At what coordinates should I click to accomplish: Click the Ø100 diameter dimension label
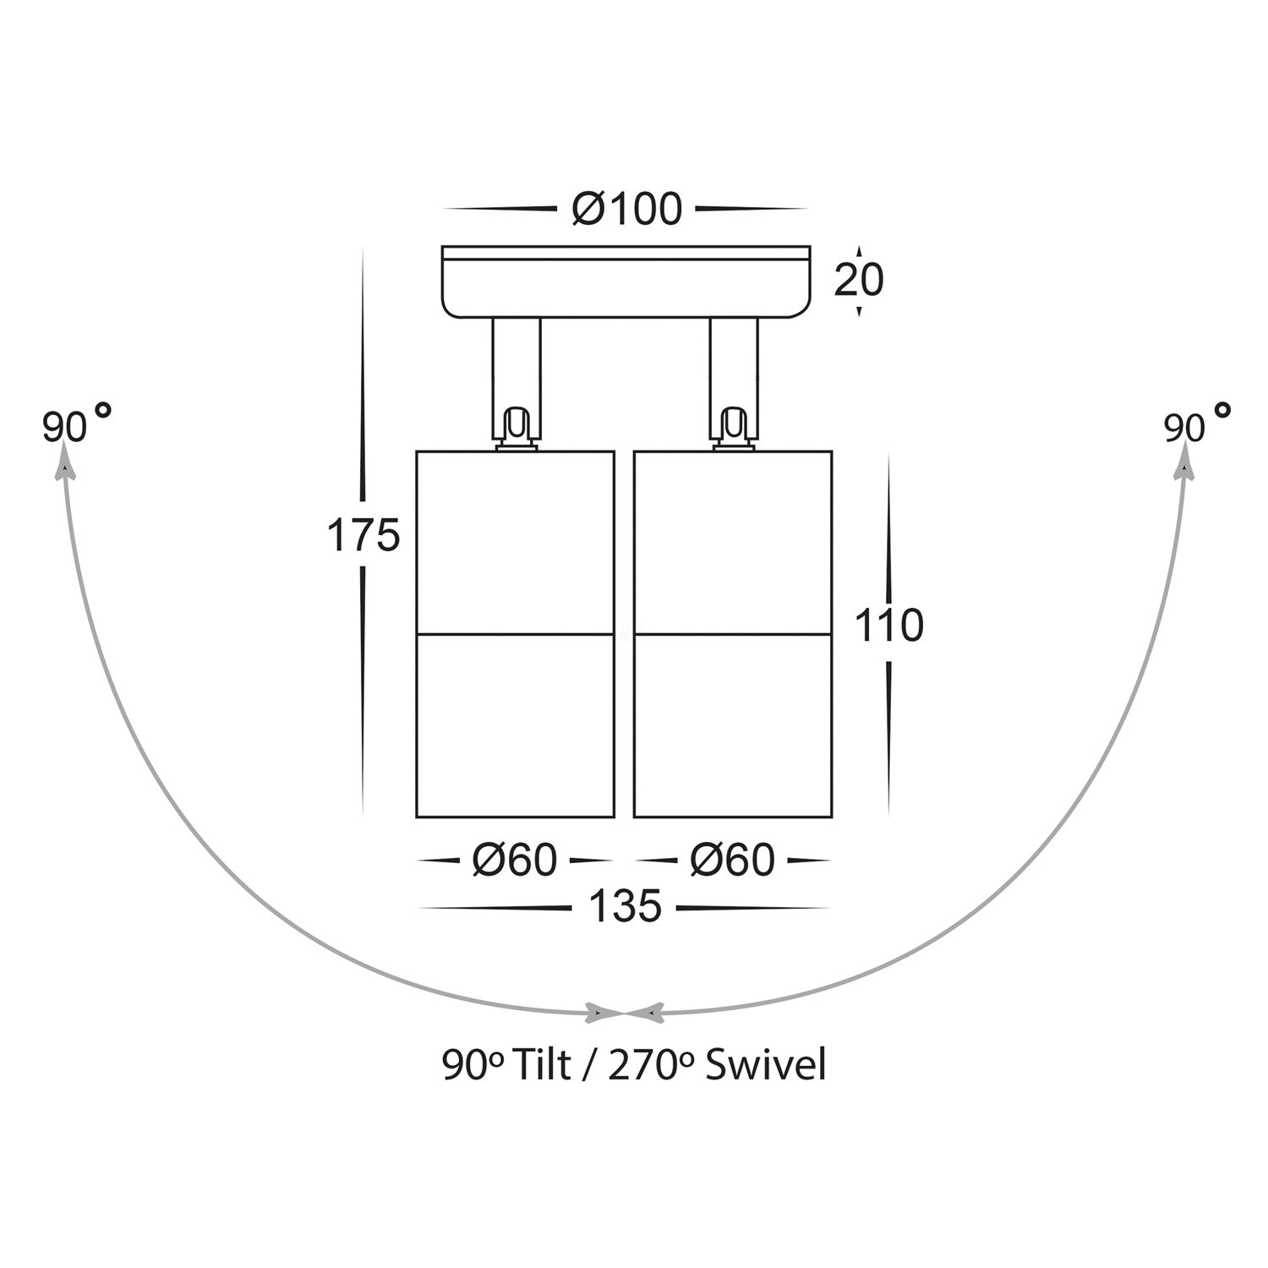coord(626,209)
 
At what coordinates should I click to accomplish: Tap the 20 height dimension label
coord(859,280)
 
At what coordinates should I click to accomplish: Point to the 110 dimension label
coord(889,626)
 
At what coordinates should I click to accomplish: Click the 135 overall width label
coord(625,908)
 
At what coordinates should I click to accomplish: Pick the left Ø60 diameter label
coord(515,861)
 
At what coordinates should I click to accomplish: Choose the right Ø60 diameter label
coord(732,861)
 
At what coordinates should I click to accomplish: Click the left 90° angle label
coord(77,424)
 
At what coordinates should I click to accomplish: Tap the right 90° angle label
coord(1196,424)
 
